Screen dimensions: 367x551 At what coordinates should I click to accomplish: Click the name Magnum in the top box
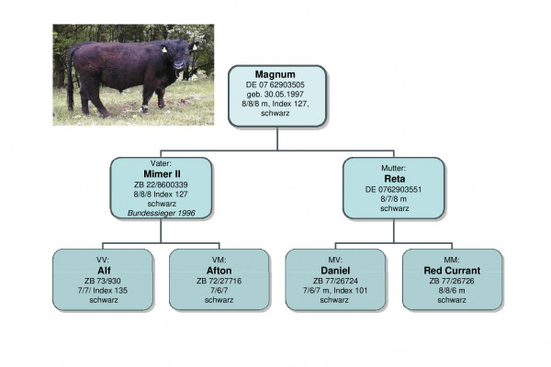point(277,72)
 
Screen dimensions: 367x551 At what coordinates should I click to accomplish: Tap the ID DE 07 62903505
point(277,83)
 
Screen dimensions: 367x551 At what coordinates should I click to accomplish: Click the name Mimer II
point(161,172)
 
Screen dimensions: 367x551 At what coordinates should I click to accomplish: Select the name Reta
point(393,179)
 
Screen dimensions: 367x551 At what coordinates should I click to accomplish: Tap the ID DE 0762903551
point(393,189)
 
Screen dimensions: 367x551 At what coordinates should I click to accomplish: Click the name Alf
point(103,270)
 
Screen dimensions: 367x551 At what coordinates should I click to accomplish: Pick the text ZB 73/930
point(103,280)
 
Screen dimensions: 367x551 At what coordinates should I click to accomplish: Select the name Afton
point(219,270)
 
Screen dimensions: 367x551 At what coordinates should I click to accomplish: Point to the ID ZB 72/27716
point(219,280)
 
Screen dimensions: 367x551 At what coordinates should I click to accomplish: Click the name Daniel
point(335,270)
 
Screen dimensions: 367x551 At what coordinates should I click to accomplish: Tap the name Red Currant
point(452,270)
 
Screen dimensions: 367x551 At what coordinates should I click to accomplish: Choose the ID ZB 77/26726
point(452,280)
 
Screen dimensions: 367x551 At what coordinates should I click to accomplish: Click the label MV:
point(335,260)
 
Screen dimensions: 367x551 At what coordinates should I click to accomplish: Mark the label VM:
point(219,260)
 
